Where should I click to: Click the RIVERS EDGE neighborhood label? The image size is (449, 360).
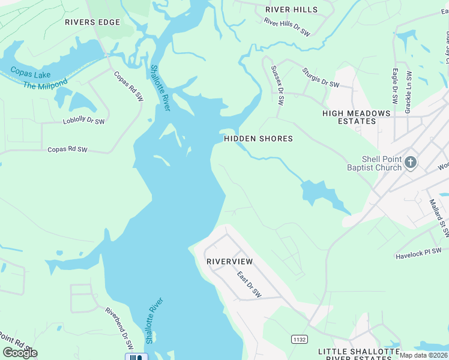[92, 22]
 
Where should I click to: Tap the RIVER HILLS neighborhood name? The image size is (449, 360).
[292, 10]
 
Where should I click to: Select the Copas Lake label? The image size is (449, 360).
[30, 74]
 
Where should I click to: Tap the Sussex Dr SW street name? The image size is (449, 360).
[277, 85]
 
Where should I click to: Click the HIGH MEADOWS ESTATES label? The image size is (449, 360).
[357, 117]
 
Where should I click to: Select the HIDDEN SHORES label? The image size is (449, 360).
[258, 139]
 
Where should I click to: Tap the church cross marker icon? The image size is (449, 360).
[411, 162]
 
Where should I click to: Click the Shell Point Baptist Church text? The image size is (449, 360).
[374, 163]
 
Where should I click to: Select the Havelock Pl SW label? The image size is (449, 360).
[418, 254]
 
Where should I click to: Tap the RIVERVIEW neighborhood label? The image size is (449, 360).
[229, 262]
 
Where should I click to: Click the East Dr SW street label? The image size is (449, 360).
[249, 285]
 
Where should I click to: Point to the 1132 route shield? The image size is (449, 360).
[300, 340]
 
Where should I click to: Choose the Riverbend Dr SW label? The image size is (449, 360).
[119, 329]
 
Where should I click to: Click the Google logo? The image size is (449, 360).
[20, 352]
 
